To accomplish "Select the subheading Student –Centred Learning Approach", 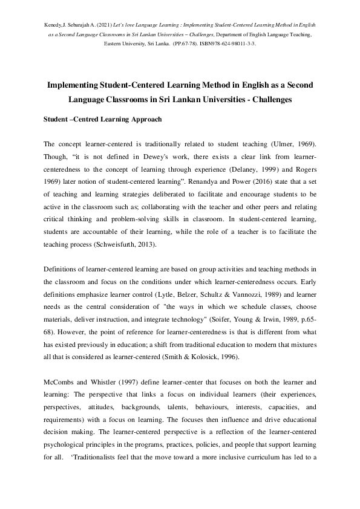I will [x=102, y=119].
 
